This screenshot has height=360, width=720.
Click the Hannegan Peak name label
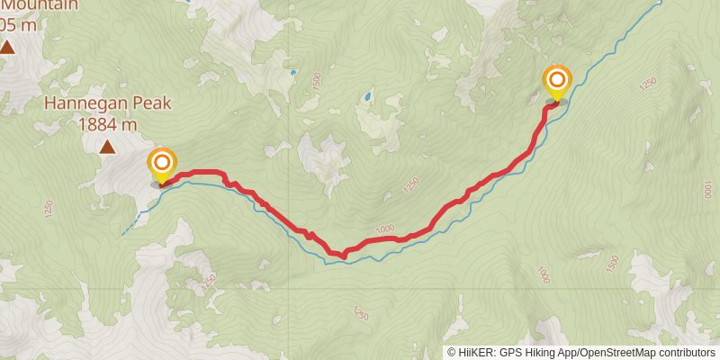(107, 103)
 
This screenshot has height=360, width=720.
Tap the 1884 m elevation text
(107, 124)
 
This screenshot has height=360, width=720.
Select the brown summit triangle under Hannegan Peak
(107, 146)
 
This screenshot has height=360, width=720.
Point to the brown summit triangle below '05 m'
(7, 47)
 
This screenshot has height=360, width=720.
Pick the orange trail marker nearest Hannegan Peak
(162, 164)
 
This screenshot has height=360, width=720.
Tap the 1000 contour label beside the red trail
(384, 230)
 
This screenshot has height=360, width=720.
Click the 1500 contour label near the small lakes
(316, 81)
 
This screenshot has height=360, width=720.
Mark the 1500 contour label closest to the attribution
(613, 264)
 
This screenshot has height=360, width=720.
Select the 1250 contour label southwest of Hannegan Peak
(48, 209)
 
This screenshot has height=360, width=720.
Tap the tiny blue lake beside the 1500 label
(293, 72)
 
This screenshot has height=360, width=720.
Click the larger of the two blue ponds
(367, 94)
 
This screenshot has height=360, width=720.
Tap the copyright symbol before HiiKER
(451, 353)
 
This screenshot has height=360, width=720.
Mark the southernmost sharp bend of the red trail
(343, 256)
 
